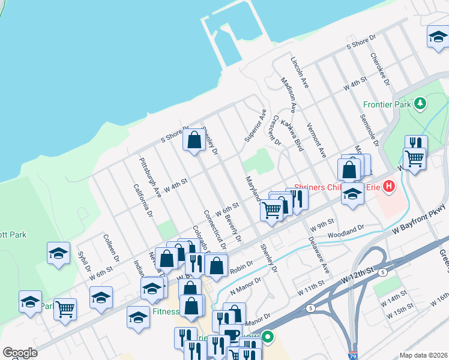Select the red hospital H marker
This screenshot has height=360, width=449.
tap(389, 187)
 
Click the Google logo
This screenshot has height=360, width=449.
tap(19, 353)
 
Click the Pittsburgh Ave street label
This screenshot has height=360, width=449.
tap(150, 178)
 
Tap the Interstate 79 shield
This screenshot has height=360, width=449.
tap(353, 355)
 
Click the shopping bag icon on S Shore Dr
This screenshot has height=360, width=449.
tap(194, 141)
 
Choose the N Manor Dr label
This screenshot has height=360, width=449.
tap(246, 285)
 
